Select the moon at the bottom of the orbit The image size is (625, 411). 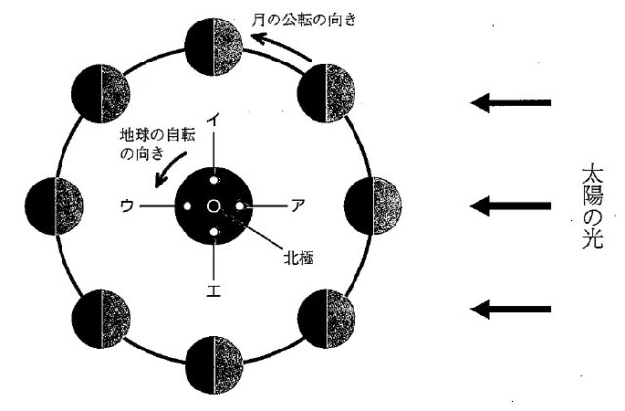tap(214, 365)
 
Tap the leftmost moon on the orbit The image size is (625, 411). tap(54, 204)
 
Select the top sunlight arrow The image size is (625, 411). tap(511, 103)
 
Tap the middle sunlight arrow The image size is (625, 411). tap(511, 205)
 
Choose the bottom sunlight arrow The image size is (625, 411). tap(511, 309)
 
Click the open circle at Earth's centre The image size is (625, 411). tap(214, 205)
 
